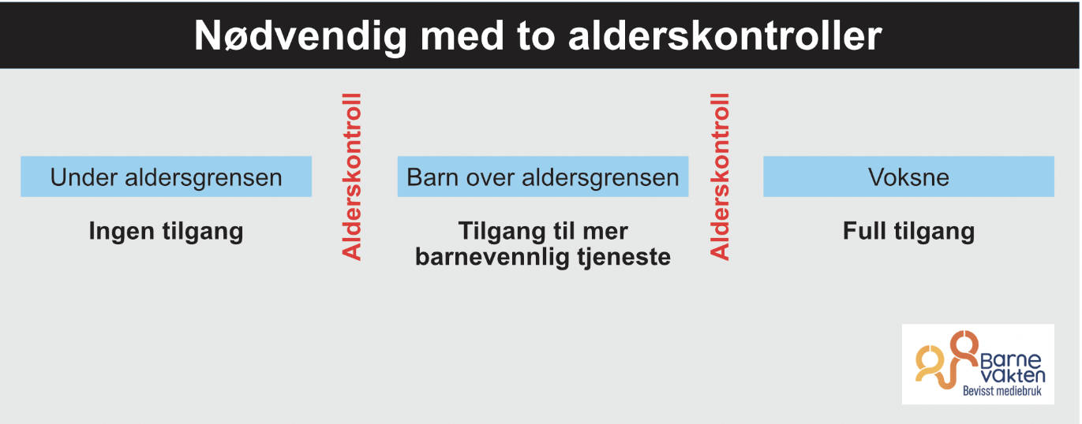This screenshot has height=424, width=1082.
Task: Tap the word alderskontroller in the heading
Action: point(725,36)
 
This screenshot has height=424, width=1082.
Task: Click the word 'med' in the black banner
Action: point(462,37)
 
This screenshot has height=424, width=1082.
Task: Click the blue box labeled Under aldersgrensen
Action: point(167,176)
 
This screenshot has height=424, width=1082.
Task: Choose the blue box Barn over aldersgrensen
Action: point(543,176)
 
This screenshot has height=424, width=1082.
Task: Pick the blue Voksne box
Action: point(908,176)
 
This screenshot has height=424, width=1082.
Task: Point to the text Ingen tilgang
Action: point(167,232)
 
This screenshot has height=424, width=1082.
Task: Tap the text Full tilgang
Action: point(908,232)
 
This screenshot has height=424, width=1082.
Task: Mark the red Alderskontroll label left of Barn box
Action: point(352,177)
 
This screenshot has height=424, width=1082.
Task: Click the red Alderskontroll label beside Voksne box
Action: point(720,177)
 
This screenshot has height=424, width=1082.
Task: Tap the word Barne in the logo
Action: point(1010,360)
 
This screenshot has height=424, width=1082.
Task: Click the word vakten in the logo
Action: point(1013,375)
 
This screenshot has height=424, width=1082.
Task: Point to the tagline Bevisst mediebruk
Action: point(1002,391)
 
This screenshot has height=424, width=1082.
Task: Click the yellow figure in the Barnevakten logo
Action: point(927,363)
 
